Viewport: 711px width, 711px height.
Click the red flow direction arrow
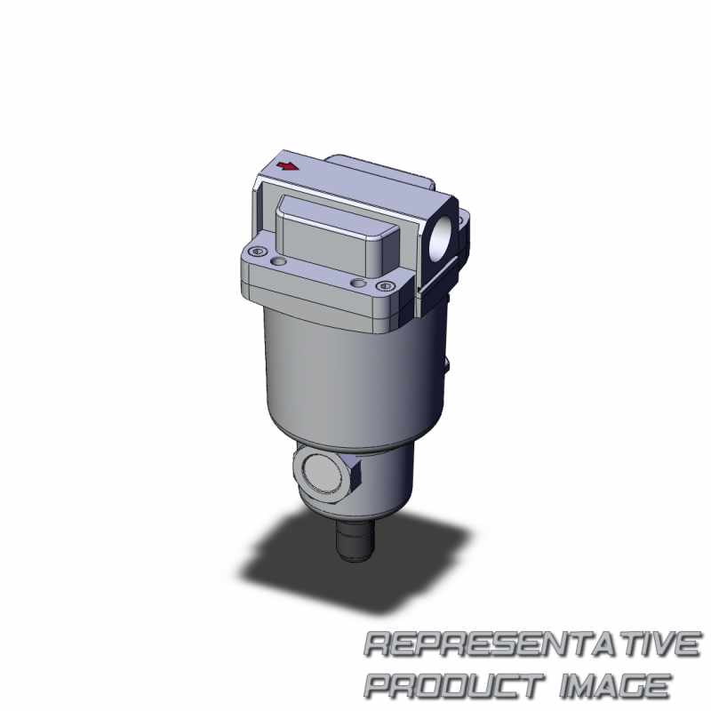coord(287,166)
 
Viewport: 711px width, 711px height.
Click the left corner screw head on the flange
coord(258,251)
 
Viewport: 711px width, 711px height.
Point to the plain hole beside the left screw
coord(278,261)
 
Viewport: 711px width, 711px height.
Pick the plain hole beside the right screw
coord(359,284)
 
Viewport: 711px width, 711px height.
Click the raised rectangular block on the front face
coord(338,236)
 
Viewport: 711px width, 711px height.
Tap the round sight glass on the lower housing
coord(322,475)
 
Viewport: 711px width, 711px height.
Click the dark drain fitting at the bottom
coord(355,540)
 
